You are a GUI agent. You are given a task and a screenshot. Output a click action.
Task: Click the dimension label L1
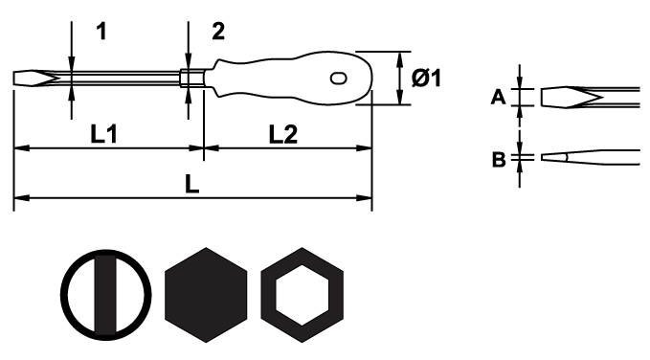104,134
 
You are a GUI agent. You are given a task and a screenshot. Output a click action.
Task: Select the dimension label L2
283,134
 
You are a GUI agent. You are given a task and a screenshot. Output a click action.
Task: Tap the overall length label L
191,184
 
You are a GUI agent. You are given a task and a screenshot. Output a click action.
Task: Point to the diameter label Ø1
427,78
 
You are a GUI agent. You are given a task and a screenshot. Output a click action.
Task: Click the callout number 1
101,31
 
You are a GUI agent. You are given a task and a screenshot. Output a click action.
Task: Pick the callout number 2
218,31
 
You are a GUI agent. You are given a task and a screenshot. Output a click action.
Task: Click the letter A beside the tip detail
499,97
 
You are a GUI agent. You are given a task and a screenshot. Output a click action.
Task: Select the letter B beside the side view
499,159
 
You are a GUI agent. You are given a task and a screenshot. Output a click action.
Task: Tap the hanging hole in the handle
338,78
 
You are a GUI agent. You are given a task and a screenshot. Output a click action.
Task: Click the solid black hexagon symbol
206,295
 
